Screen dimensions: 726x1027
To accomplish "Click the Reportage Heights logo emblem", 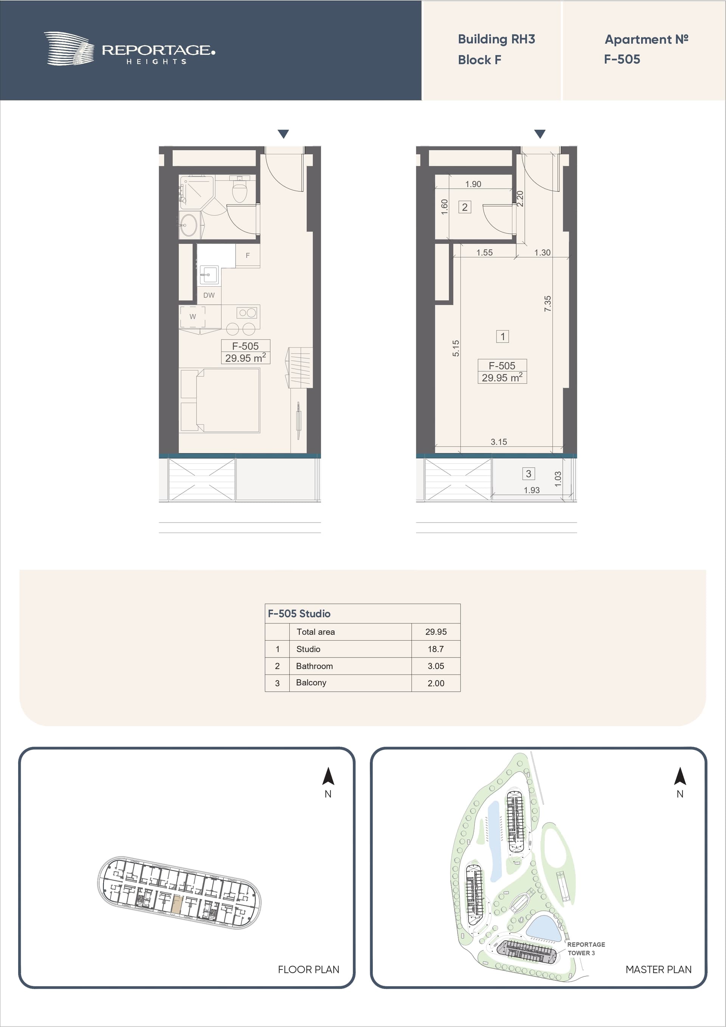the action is (69, 48).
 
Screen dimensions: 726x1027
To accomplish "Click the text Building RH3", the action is (496, 39).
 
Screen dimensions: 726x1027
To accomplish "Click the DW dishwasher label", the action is (209, 295).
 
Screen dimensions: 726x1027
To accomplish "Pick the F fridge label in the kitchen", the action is (247, 255).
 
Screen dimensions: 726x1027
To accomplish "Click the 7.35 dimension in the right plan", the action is (548, 304).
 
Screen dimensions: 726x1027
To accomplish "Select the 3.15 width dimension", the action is (499, 442).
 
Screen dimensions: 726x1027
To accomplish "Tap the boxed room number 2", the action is (465, 207).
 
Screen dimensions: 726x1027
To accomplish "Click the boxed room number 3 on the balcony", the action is (528, 474).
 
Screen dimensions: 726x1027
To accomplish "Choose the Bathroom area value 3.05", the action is (436, 666).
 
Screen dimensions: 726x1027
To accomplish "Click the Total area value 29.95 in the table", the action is (436, 632).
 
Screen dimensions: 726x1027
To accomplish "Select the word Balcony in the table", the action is (311, 683).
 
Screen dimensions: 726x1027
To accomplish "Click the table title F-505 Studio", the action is (299, 614).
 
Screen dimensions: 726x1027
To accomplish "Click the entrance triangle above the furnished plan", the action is (283, 134).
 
